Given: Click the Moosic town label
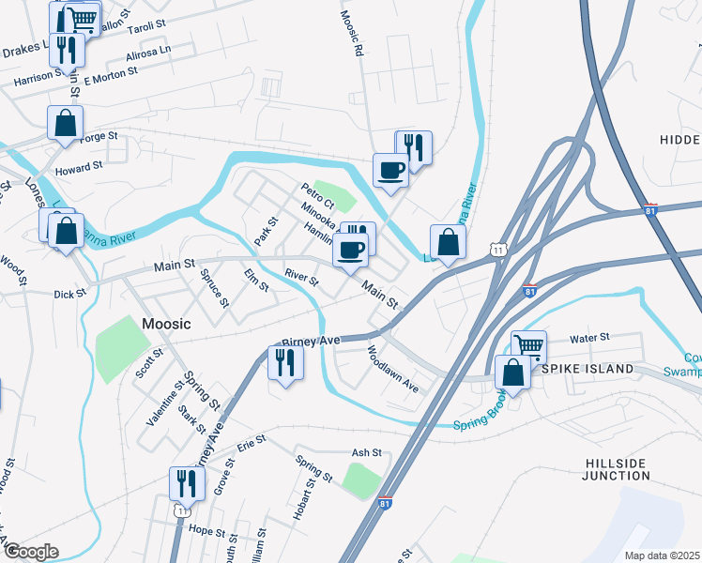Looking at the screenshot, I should click(x=166, y=324).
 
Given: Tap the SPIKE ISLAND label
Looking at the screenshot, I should click(x=588, y=369).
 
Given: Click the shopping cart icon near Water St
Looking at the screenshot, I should click(x=529, y=346).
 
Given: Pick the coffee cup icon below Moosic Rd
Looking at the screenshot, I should click(x=391, y=170).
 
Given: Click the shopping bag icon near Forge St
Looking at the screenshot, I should click(x=66, y=123).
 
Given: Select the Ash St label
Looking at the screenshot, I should click(x=366, y=452).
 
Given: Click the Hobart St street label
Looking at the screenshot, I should click(x=301, y=504).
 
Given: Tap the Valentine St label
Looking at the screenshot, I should click(x=165, y=404).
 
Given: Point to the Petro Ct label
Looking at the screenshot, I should click(x=317, y=191).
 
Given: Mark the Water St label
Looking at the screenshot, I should click(x=590, y=336).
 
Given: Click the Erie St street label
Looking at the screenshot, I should click(x=247, y=449).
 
